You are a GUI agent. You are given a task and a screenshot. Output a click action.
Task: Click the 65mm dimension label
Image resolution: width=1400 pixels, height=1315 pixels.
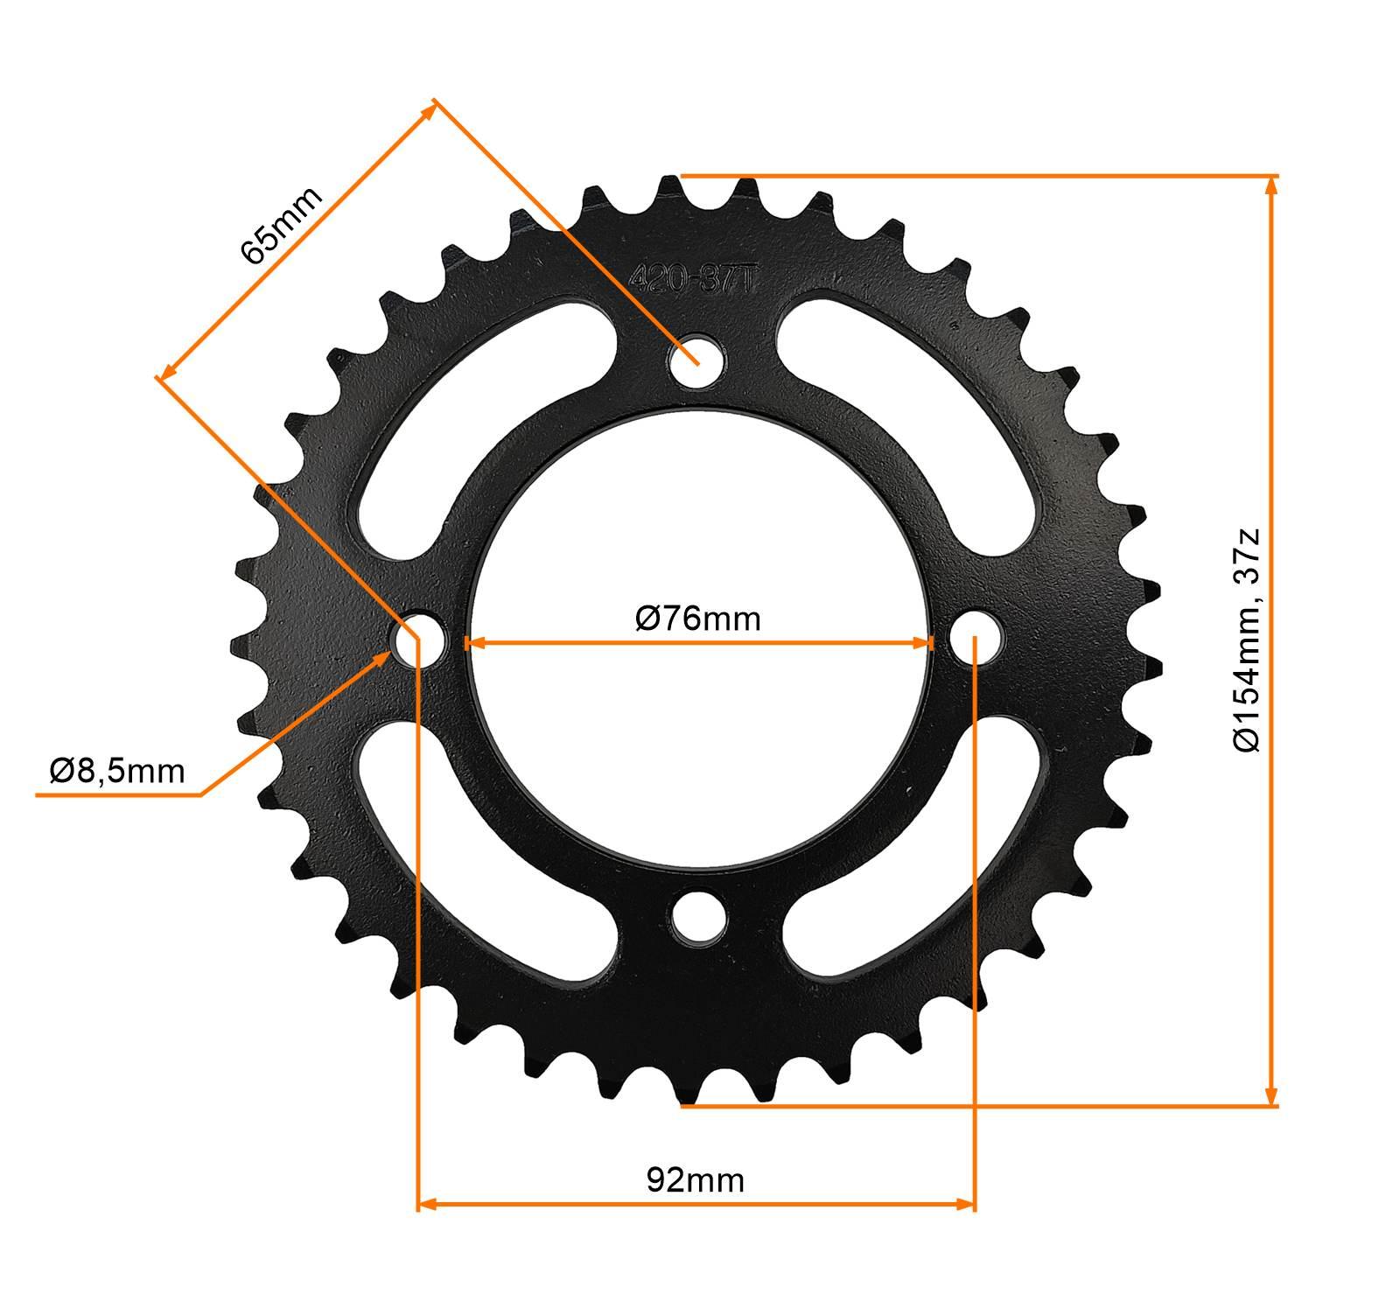[281, 226]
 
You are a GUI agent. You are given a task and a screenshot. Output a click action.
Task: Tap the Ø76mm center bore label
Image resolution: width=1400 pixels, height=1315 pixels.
[697, 619]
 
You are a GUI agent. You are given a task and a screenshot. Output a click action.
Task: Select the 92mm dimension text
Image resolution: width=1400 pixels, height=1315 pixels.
[696, 1180]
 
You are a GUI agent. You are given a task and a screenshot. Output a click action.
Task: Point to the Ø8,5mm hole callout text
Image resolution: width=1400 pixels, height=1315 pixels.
[117, 771]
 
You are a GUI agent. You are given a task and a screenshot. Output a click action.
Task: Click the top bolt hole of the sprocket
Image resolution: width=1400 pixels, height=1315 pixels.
[697, 359]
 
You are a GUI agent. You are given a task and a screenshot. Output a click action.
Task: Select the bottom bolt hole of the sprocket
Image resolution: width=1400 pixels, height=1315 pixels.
[699, 918]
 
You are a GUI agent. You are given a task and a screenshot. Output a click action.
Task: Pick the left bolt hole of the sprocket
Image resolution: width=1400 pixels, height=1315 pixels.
[419, 639]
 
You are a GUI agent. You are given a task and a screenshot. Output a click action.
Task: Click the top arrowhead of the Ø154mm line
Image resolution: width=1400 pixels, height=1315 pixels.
[1271, 184]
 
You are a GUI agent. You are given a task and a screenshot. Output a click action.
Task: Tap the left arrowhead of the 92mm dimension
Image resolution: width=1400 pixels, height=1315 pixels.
[426, 1205]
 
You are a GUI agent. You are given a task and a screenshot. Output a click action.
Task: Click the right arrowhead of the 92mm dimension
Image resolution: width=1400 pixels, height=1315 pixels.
[968, 1205]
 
